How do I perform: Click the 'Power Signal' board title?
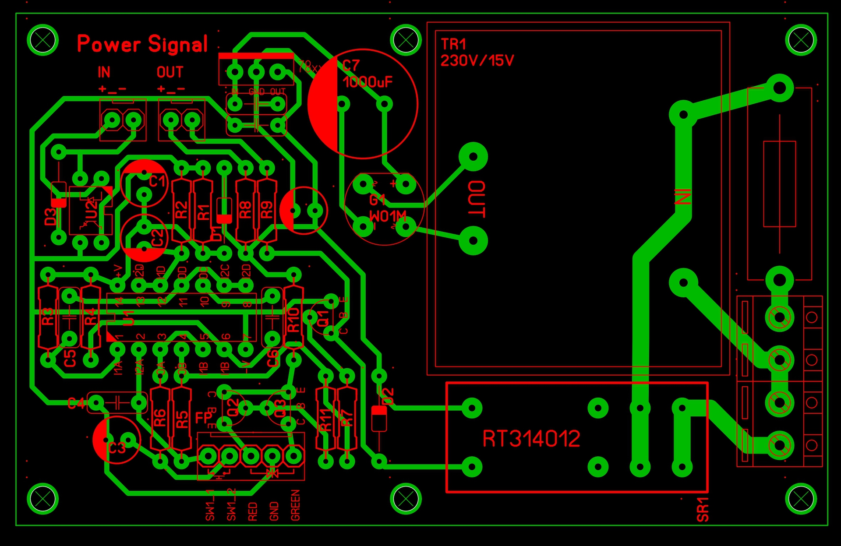pos(142,44)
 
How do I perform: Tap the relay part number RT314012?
pos(531,439)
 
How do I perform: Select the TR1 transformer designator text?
pos(453,44)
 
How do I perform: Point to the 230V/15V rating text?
pos(477,60)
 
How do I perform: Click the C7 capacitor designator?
pos(351,66)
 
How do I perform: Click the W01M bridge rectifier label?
pos(388,216)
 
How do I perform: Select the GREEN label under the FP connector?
pos(296,505)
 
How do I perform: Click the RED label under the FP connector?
pos(253,511)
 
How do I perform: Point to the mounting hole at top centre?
pos(406,40)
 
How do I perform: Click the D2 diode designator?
pos(388,397)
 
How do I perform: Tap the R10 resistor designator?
pos(293,320)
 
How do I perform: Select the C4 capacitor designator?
pos(76,403)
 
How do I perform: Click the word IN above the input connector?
pos(104,72)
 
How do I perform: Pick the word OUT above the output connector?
pos(170,72)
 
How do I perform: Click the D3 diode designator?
pos(51,217)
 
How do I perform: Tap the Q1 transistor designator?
pos(323,318)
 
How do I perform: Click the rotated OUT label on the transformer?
pos(477,199)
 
